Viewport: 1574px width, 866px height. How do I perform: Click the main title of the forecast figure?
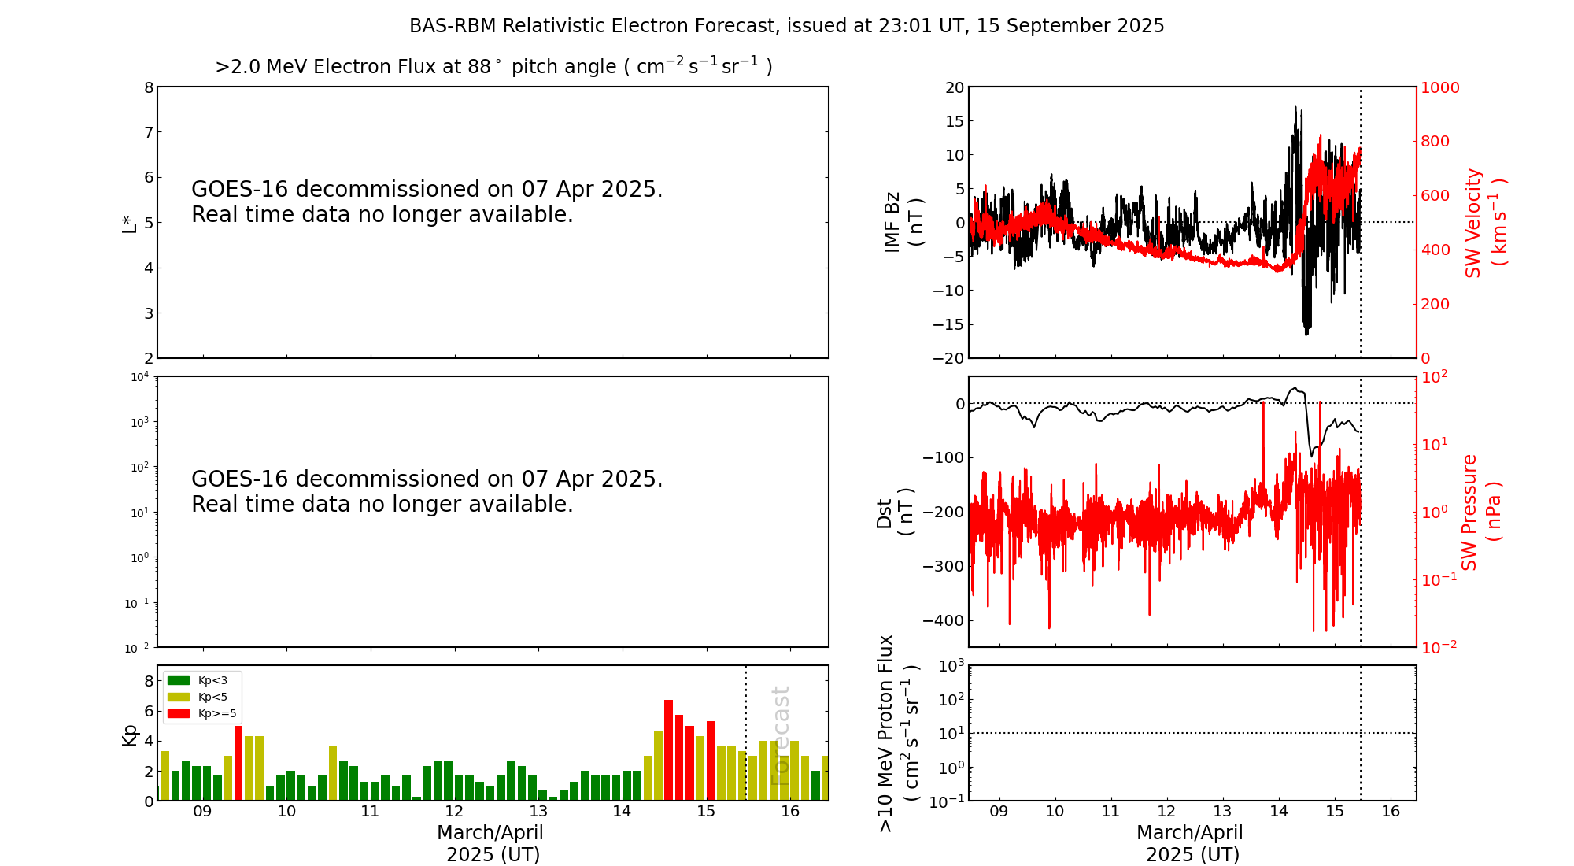click(x=786, y=26)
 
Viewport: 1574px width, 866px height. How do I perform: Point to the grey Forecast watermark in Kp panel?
click(x=780, y=735)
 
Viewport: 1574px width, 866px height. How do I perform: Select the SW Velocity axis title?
click(x=1484, y=223)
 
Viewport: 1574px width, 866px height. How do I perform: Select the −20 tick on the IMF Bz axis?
click(x=948, y=358)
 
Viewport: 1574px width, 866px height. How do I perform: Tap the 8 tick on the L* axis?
click(x=149, y=87)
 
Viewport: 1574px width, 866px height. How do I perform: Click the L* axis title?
click(x=129, y=223)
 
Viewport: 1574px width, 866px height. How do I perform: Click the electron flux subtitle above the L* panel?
click(x=493, y=67)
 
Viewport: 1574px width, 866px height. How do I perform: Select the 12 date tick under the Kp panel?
click(x=454, y=812)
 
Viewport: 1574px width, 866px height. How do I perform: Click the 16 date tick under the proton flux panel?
click(x=1391, y=812)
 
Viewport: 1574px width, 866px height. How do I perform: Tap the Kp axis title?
click(x=129, y=735)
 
